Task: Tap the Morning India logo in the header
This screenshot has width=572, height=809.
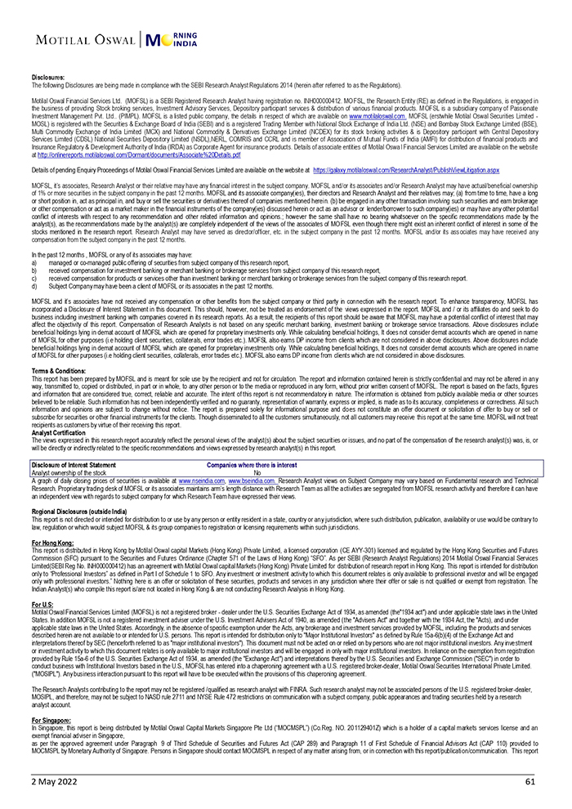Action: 174,40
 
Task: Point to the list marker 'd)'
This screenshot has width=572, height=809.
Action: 34,287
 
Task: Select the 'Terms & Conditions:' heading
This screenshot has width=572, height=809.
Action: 58,370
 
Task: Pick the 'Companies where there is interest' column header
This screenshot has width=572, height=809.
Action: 252,464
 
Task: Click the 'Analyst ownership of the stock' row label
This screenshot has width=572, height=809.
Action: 69,472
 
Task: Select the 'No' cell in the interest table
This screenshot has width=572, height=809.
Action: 257,472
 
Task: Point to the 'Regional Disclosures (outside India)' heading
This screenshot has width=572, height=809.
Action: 79,511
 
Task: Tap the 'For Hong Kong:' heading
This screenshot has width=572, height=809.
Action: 51,542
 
